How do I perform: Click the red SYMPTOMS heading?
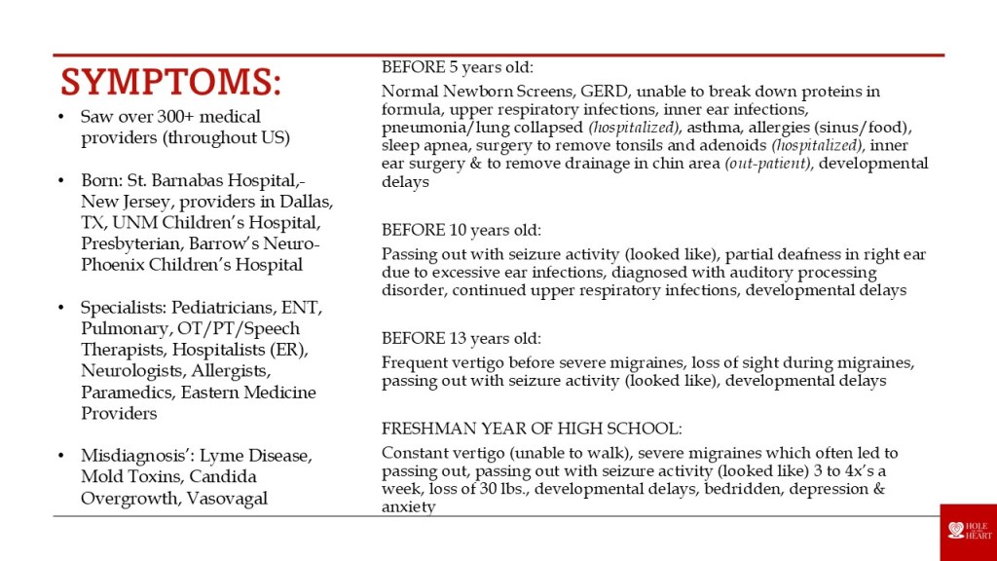[170, 82]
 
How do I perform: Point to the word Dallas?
[307, 202]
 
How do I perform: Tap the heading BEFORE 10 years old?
[461, 230]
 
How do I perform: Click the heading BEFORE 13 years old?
[461, 338]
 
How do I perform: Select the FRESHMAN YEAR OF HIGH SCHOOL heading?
[532, 428]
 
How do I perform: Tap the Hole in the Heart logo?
[968, 532]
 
